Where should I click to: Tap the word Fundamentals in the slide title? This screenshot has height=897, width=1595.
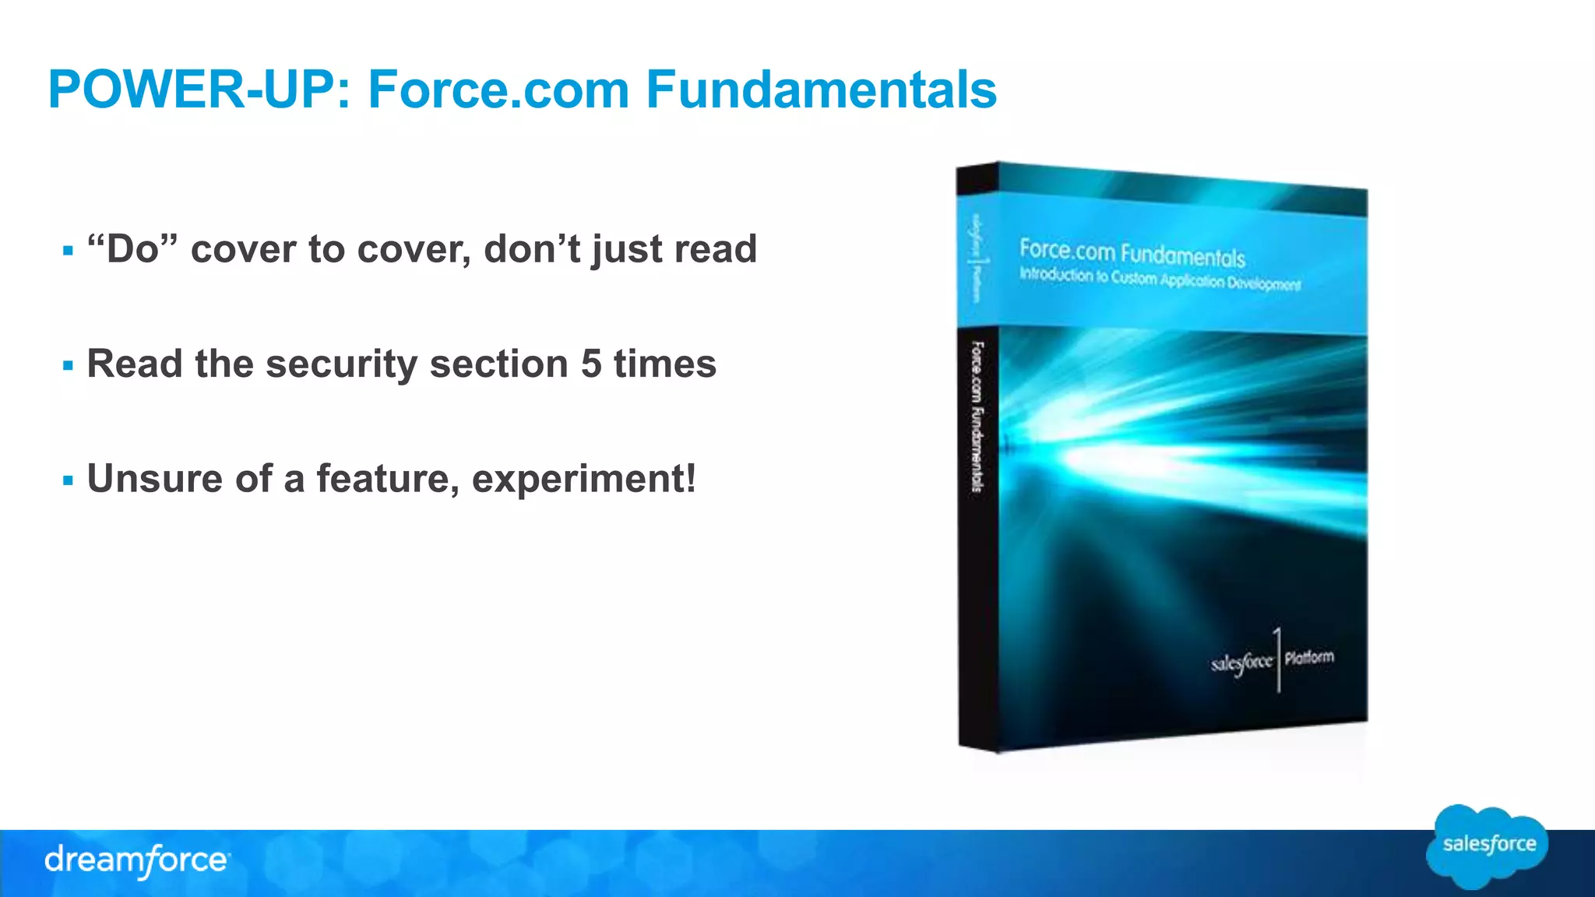[821, 90]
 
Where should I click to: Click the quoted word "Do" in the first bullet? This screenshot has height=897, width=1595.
[132, 249]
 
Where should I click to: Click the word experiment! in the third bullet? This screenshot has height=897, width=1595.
[584, 479]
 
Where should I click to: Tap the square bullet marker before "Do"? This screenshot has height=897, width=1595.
[69, 251]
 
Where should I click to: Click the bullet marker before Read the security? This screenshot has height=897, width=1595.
[69, 365]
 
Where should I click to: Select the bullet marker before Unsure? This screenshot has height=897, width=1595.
[69, 480]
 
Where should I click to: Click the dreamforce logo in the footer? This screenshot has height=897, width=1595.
[137, 860]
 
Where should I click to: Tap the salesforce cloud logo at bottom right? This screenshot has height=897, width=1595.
[1488, 846]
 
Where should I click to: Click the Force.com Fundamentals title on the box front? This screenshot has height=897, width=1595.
[1132, 253]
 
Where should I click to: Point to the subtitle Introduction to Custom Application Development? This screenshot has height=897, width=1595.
[1159, 279]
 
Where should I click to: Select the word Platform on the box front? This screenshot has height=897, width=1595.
[1309, 658]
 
